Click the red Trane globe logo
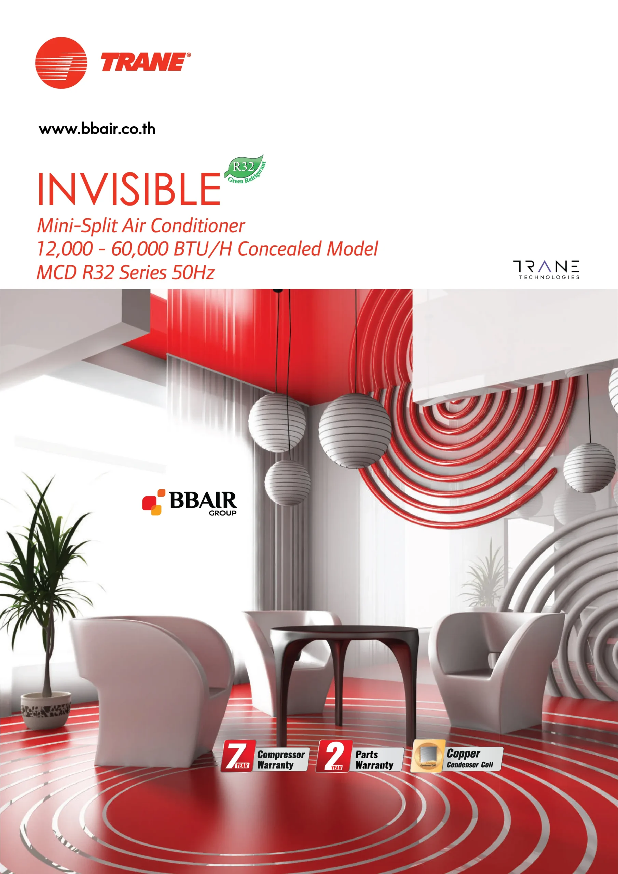(61, 63)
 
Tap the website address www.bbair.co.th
(97, 129)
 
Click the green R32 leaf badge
(245, 169)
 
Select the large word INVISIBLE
(129, 189)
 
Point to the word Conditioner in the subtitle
(198, 225)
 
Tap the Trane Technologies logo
(546, 270)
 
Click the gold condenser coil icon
(427, 756)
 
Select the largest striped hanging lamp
(355, 431)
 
